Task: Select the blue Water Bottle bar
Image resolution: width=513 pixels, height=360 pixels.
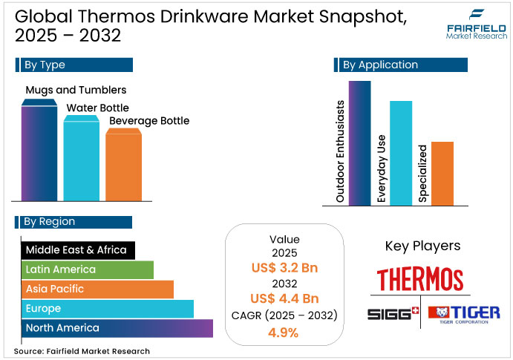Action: [x=81, y=160]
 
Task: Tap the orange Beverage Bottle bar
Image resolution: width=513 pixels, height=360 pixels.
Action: [x=123, y=165]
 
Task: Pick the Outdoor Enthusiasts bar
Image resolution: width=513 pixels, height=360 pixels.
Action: [x=359, y=143]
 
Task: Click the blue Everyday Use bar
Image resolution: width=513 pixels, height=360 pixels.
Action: [x=401, y=152]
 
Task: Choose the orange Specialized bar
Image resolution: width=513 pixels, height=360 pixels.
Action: [x=442, y=173]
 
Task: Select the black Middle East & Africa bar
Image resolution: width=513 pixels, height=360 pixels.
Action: [x=78, y=250]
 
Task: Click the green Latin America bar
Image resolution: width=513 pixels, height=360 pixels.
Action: [x=87, y=269]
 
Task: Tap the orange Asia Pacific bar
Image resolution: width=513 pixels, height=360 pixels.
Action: [x=97, y=289]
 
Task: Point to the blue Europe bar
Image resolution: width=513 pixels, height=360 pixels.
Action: [x=108, y=308]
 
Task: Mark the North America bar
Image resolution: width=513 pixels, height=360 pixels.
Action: [x=117, y=327]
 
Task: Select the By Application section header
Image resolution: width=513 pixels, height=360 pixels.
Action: [x=401, y=65]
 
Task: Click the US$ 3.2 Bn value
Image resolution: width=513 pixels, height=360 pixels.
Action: [x=284, y=268]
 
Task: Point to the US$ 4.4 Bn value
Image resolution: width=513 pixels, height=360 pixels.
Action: [x=284, y=298]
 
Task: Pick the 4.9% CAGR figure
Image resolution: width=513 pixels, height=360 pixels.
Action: [x=284, y=332]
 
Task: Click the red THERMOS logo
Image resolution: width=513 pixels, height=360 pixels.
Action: [x=420, y=280]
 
